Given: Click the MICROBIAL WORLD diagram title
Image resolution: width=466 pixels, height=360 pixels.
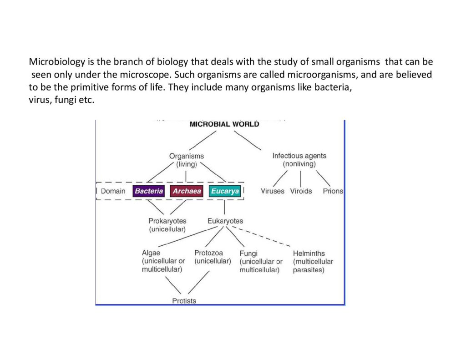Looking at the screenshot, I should (224, 124).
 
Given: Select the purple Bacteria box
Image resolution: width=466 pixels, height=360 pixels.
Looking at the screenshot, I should (149, 191).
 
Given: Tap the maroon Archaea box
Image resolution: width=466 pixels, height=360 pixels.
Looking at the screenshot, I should (187, 191).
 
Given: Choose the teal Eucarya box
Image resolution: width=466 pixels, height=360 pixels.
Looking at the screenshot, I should (225, 191).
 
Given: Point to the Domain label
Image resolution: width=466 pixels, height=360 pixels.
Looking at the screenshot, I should (113, 191).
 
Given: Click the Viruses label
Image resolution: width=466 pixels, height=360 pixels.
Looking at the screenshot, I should (273, 191).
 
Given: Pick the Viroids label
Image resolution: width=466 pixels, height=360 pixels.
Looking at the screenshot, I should (301, 191).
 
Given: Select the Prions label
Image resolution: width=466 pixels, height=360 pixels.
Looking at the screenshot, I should (333, 191).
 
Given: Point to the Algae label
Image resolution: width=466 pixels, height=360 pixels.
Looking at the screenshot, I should (151, 253).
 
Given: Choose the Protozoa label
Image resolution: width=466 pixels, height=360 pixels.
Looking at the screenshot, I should (208, 253).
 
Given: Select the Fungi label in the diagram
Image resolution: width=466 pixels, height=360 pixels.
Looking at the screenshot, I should (248, 254).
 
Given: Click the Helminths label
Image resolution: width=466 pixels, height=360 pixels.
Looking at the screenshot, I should (309, 254).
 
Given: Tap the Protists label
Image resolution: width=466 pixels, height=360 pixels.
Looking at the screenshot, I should (184, 301).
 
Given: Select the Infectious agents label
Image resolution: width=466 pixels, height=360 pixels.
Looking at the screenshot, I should (299, 156).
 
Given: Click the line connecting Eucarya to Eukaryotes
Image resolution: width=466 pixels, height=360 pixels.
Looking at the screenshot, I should (224, 207).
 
